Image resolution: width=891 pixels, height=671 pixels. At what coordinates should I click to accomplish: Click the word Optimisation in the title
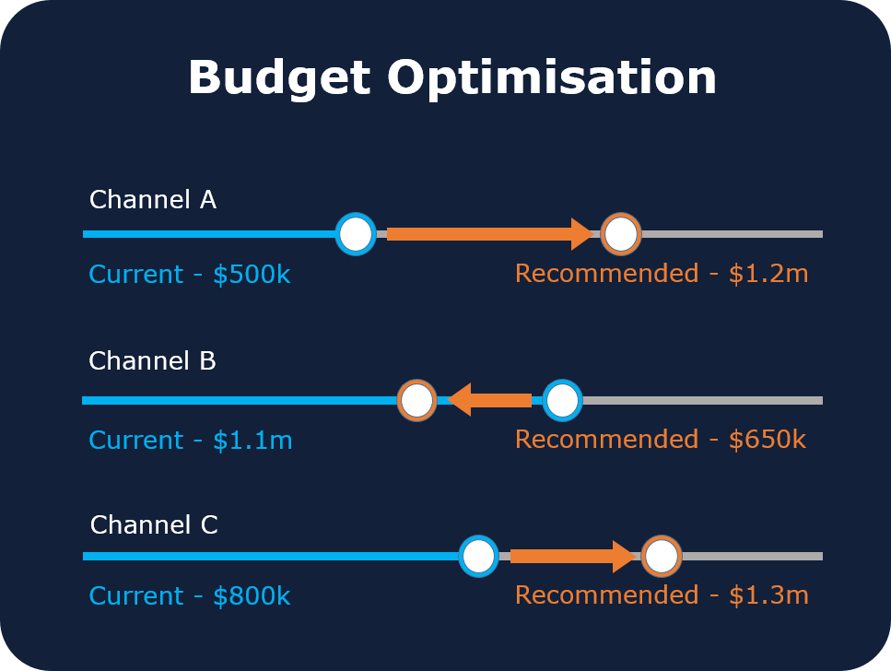click(552, 77)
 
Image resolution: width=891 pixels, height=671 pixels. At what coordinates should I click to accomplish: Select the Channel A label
click(152, 200)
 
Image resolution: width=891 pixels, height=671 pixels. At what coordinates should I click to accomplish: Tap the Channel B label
click(152, 361)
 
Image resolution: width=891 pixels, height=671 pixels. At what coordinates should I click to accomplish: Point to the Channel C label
click(154, 525)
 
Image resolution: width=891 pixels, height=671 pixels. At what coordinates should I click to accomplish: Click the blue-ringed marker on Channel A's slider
click(356, 234)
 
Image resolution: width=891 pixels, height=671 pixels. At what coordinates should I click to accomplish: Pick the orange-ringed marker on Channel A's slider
click(620, 234)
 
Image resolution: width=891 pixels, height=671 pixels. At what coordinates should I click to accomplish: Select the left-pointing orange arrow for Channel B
click(489, 400)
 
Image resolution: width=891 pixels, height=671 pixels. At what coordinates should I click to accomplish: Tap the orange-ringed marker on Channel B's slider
click(416, 400)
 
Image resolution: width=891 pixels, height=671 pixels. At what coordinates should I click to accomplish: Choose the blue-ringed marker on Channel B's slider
click(562, 400)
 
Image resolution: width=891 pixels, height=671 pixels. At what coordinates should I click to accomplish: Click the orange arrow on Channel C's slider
click(572, 556)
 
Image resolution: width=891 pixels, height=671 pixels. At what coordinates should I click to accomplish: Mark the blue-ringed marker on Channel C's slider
click(478, 556)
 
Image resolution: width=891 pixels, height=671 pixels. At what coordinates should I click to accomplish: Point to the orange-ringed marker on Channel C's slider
click(661, 556)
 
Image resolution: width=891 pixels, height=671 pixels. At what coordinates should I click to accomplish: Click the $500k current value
click(252, 275)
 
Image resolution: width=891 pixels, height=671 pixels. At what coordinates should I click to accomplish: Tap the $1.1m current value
click(252, 441)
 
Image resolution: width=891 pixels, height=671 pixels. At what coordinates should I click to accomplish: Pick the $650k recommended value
click(767, 440)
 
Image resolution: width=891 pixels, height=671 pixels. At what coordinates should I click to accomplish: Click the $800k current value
click(252, 596)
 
